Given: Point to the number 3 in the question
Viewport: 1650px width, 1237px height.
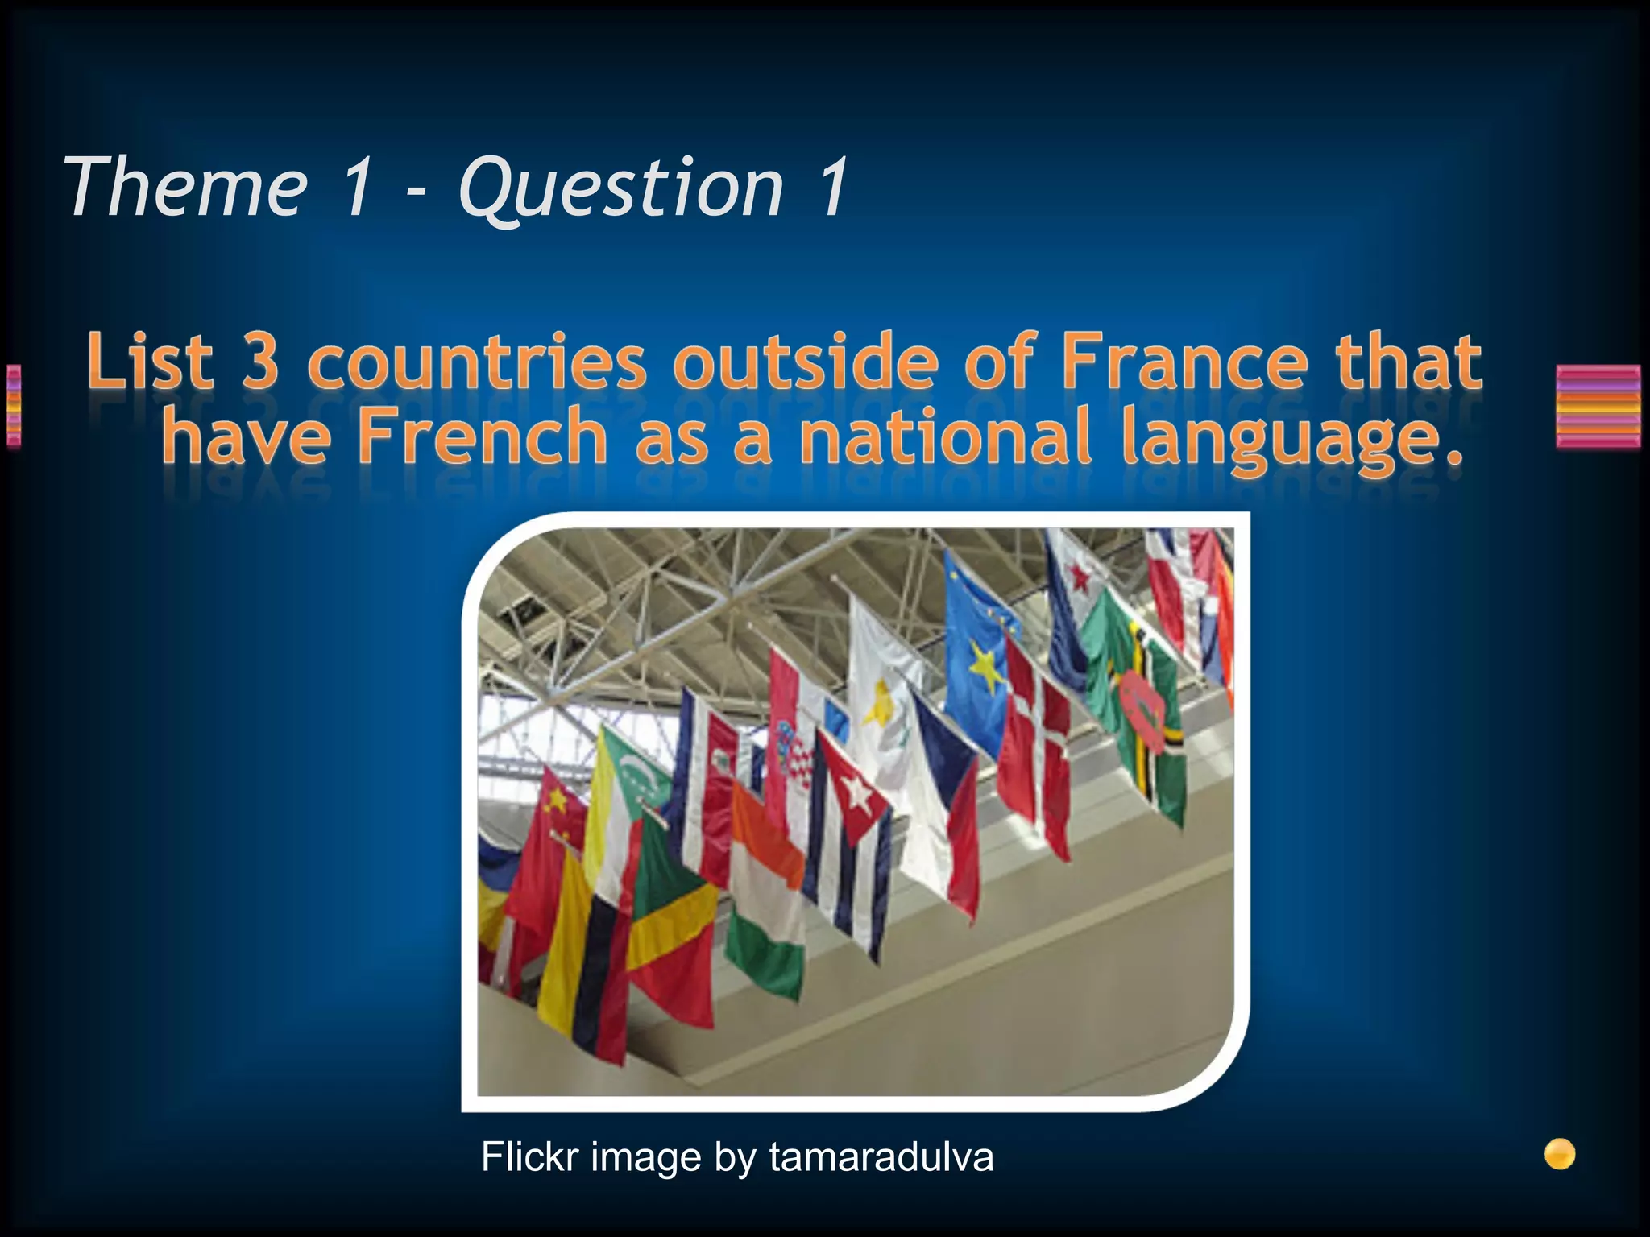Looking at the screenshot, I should (x=259, y=362).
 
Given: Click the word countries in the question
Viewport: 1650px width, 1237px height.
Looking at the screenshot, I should (x=477, y=362).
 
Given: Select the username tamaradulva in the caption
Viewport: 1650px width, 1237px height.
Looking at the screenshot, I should (x=881, y=1157).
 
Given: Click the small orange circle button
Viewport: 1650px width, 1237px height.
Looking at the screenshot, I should (x=1560, y=1154).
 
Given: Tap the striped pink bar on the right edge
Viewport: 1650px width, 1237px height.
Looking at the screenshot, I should (x=1598, y=406).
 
